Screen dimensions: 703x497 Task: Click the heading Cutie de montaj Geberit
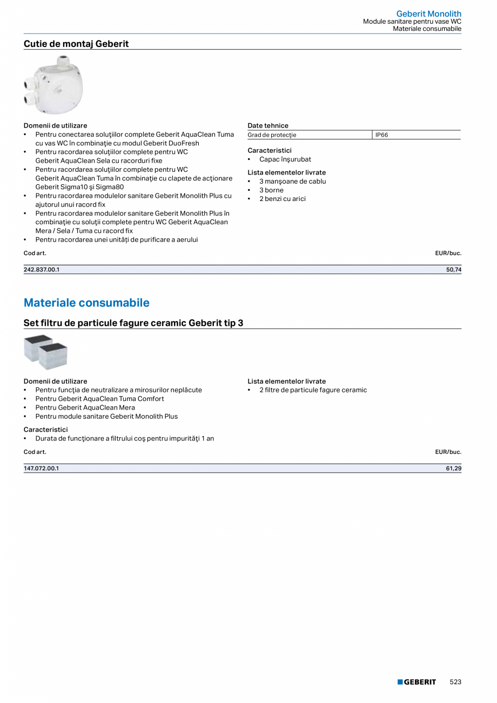pyautogui.click(x=76, y=44)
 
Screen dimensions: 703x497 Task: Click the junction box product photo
pyautogui.click(x=53, y=85)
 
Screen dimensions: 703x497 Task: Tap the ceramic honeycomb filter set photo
pyautogui.click(x=45, y=352)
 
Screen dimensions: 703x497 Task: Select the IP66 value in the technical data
pyautogui.click(x=382, y=135)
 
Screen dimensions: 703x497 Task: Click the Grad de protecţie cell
pyautogui.click(x=272, y=135)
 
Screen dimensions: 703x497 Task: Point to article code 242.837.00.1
pyautogui.click(x=42, y=270)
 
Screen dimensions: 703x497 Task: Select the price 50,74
pyautogui.click(x=454, y=270)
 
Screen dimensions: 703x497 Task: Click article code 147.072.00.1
pyautogui.click(x=42, y=468)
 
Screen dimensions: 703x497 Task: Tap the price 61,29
pyautogui.click(x=454, y=468)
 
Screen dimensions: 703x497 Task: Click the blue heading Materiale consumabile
pyautogui.click(x=86, y=303)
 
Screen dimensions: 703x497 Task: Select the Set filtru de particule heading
pyautogui.click(x=133, y=323)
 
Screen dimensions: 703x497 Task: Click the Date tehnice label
pyautogui.click(x=268, y=125)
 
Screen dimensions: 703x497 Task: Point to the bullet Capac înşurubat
pyautogui.click(x=285, y=159)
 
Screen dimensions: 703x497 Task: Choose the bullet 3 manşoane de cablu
pyautogui.click(x=292, y=182)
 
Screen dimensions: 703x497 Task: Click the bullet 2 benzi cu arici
pyautogui.click(x=282, y=199)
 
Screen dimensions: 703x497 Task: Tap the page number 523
pyautogui.click(x=455, y=682)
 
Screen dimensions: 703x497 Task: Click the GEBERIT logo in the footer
pyautogui.click(x=417, y=682)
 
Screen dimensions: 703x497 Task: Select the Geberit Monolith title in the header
pyautogui.click(x=428, y=14)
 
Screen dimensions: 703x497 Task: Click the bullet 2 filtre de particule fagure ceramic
pyautogui.click(x=313, y=390)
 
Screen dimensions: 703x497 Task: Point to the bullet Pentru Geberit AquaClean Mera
pyautogui.click(x=85, y=407)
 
